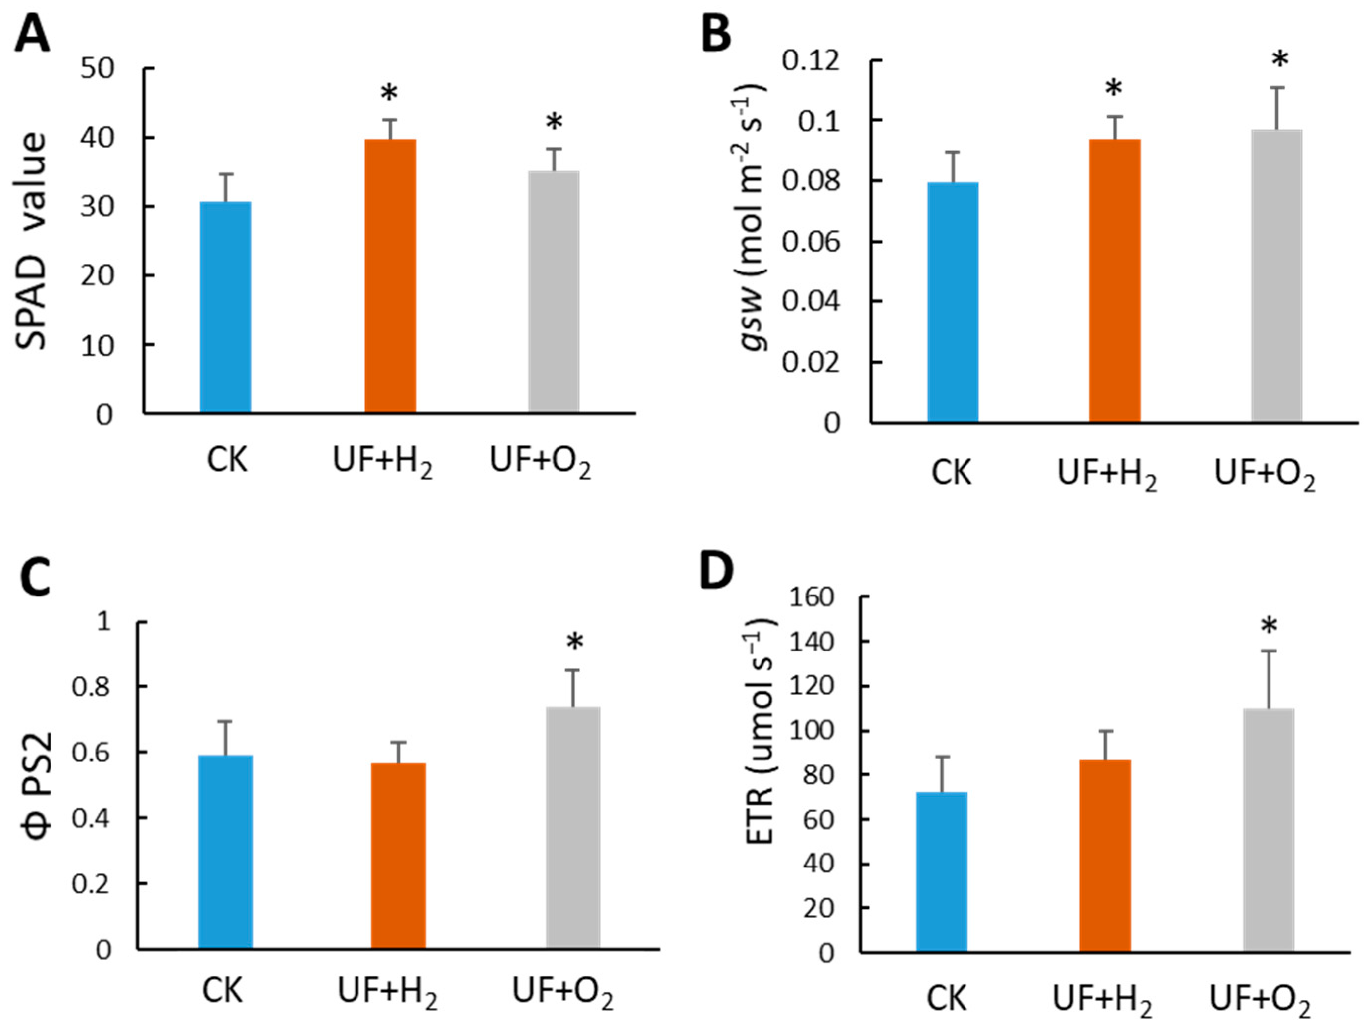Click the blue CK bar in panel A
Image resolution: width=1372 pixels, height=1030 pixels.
pos(225,307)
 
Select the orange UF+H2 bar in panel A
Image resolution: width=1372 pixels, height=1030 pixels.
pos(390,276)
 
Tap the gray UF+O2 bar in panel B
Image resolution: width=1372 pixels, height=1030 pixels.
pos(1276,276)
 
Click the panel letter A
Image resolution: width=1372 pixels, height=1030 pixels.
pos(32,35)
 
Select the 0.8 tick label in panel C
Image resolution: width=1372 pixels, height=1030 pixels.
pos(92,688)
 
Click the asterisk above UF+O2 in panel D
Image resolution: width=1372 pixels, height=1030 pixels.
pos(1269,627)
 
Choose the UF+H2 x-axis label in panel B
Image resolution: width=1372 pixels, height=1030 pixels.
pos(1107,475)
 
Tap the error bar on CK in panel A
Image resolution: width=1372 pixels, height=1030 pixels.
pos(225,187)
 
